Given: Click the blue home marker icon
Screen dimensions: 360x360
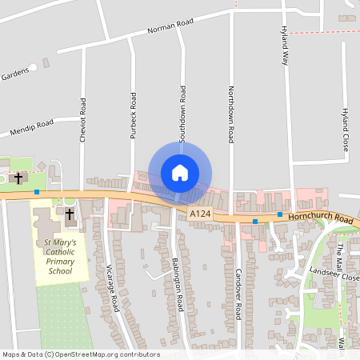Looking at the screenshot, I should tap(180, 173).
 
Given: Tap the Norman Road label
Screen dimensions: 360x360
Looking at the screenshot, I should tap(171, 29).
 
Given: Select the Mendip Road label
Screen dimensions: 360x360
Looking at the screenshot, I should tap(31, 127).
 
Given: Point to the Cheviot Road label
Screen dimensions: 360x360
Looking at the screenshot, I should tap(82, 121).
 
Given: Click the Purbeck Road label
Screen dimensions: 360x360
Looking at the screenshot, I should tap(134, 111).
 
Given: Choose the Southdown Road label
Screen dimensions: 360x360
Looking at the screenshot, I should tap(182, 114).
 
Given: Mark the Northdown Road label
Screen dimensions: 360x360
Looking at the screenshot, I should tap(230, 114).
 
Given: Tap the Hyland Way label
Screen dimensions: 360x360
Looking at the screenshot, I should tap(284, 45).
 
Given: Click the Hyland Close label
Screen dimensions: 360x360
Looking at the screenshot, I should tap(346, 131).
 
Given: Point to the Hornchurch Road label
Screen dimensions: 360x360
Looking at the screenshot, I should tap(321, 218).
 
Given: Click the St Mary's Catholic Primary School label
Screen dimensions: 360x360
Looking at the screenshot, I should tap(60, 256).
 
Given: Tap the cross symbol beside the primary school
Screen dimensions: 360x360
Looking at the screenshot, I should tap(69, 214).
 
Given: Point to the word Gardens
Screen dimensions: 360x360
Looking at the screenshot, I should tap(14, 75).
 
